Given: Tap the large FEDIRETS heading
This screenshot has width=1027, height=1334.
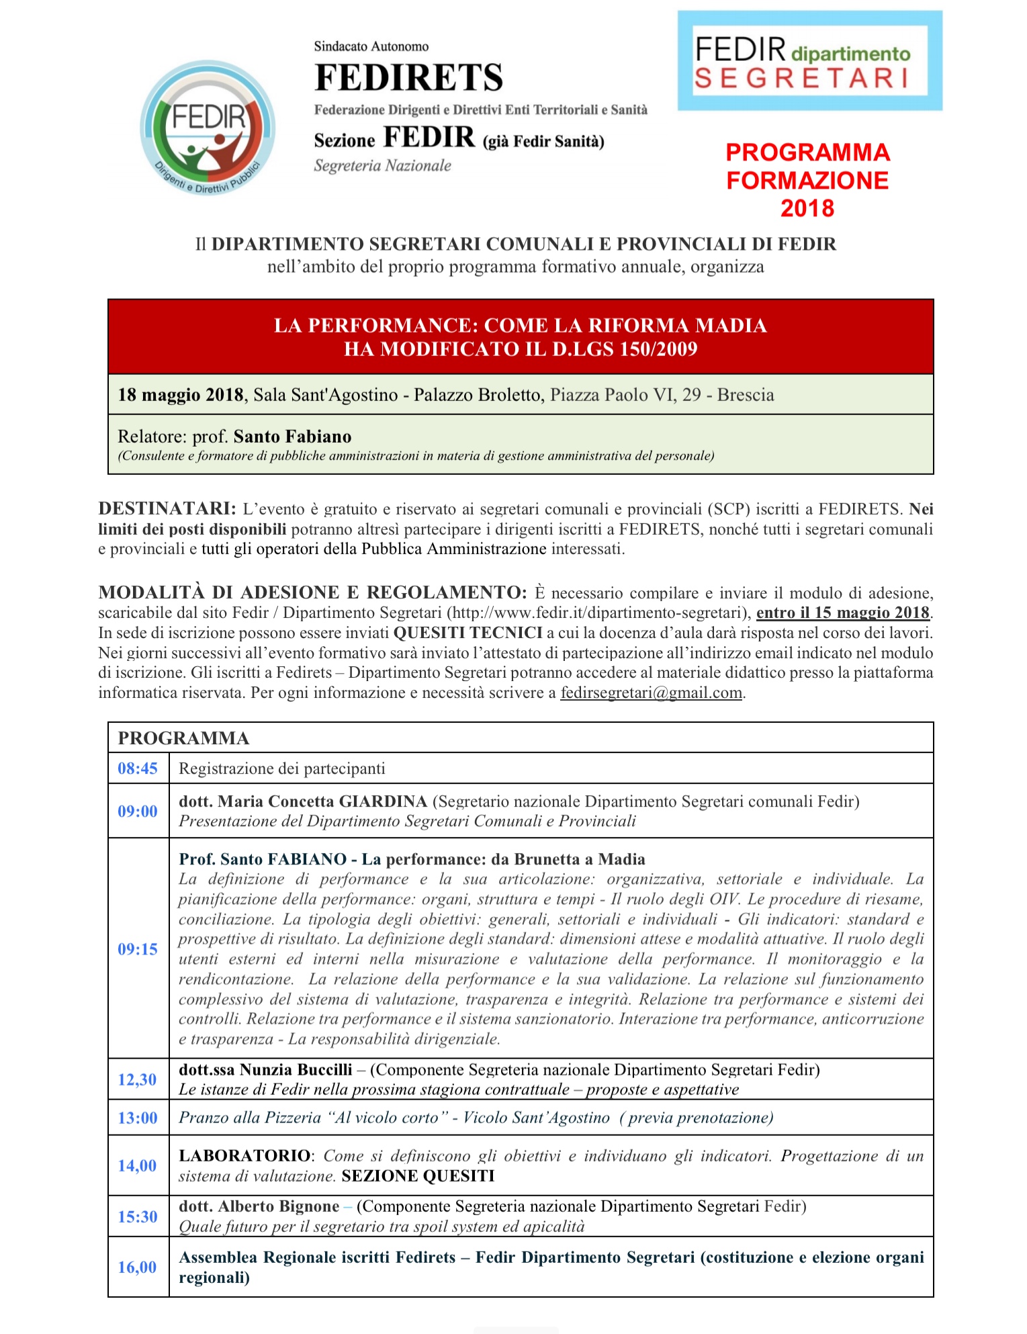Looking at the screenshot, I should pyautogui.click(x=408, y=77).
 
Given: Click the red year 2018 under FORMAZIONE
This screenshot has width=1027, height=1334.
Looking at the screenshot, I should pyautogui.click(x=807, y=208).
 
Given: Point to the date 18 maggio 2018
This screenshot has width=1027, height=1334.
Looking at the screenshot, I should pyautogui.click(x=180, y=394).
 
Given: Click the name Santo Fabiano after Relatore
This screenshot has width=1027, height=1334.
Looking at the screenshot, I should pyautogui.click(x=292, y=437).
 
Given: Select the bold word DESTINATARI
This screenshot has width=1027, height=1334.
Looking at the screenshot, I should pyautogui.click(x=167, y=508).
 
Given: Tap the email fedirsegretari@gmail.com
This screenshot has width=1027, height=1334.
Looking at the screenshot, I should pyautogui.click(x=651, y=693).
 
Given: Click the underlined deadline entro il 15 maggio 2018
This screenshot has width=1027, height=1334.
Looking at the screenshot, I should pyautogui.click(x=842, y=613).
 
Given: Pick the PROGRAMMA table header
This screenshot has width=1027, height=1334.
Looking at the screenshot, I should pyautogui.click(x=183, y=738).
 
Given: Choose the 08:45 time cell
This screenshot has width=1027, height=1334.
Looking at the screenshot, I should pyautogui.click(x=138, y=768).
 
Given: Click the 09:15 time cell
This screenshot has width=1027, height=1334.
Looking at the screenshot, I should pyautogui.click(x=138, y=949).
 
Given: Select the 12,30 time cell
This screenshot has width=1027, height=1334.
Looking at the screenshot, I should pyautogui.click(x=138, y=1079).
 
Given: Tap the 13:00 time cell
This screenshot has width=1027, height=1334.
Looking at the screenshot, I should pyautogui.click(x=138, y=1118).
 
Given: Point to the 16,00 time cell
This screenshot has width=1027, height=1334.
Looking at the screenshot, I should pyautogui.click(x=138, y=1268).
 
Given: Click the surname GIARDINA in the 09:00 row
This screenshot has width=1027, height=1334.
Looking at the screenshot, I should pyautogui.click(x=383, y=801).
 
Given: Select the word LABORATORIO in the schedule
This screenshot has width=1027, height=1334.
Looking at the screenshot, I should pyautogui.click(x=244, y=1156).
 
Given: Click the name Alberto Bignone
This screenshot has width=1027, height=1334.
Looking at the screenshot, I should pyautogui.click(x=279, y=1206).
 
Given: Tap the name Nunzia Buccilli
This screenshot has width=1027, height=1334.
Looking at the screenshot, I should pyautogui.click(x=296, y=1070).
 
